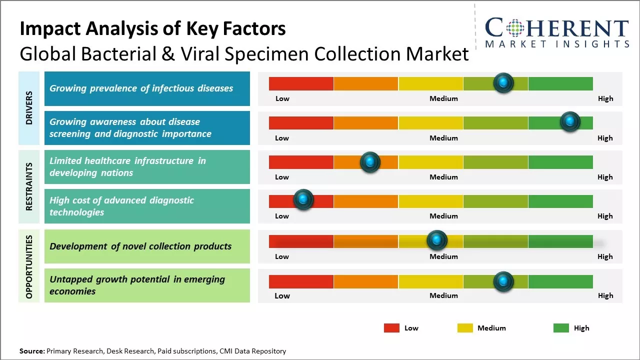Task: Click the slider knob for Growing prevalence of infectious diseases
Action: (x=503, y=82)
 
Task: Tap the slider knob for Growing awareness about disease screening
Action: (x=569, y=121)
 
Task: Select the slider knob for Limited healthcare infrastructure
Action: (x=370, y=161)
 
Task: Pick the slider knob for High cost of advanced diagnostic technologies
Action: (x=303, y=199)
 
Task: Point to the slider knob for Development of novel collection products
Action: (x=437, y=240)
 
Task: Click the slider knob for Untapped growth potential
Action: (x=503, y=281)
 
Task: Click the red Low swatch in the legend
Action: (x=391, y=328)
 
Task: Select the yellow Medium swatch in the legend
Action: (x=465, y=328)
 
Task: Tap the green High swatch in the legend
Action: (x=561, y=328)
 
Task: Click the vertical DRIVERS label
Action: (x=29, y=107)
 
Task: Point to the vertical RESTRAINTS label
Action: (x=29, y=186)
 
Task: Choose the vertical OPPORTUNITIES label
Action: (x=29, y=267)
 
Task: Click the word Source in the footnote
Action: (x=32, y=351)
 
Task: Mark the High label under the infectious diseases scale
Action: (x=605, y=98)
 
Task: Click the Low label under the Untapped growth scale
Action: (x=282, y=295)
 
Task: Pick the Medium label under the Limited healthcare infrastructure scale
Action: (x=443, y=177)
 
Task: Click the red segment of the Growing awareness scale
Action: (x=301, y=122)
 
